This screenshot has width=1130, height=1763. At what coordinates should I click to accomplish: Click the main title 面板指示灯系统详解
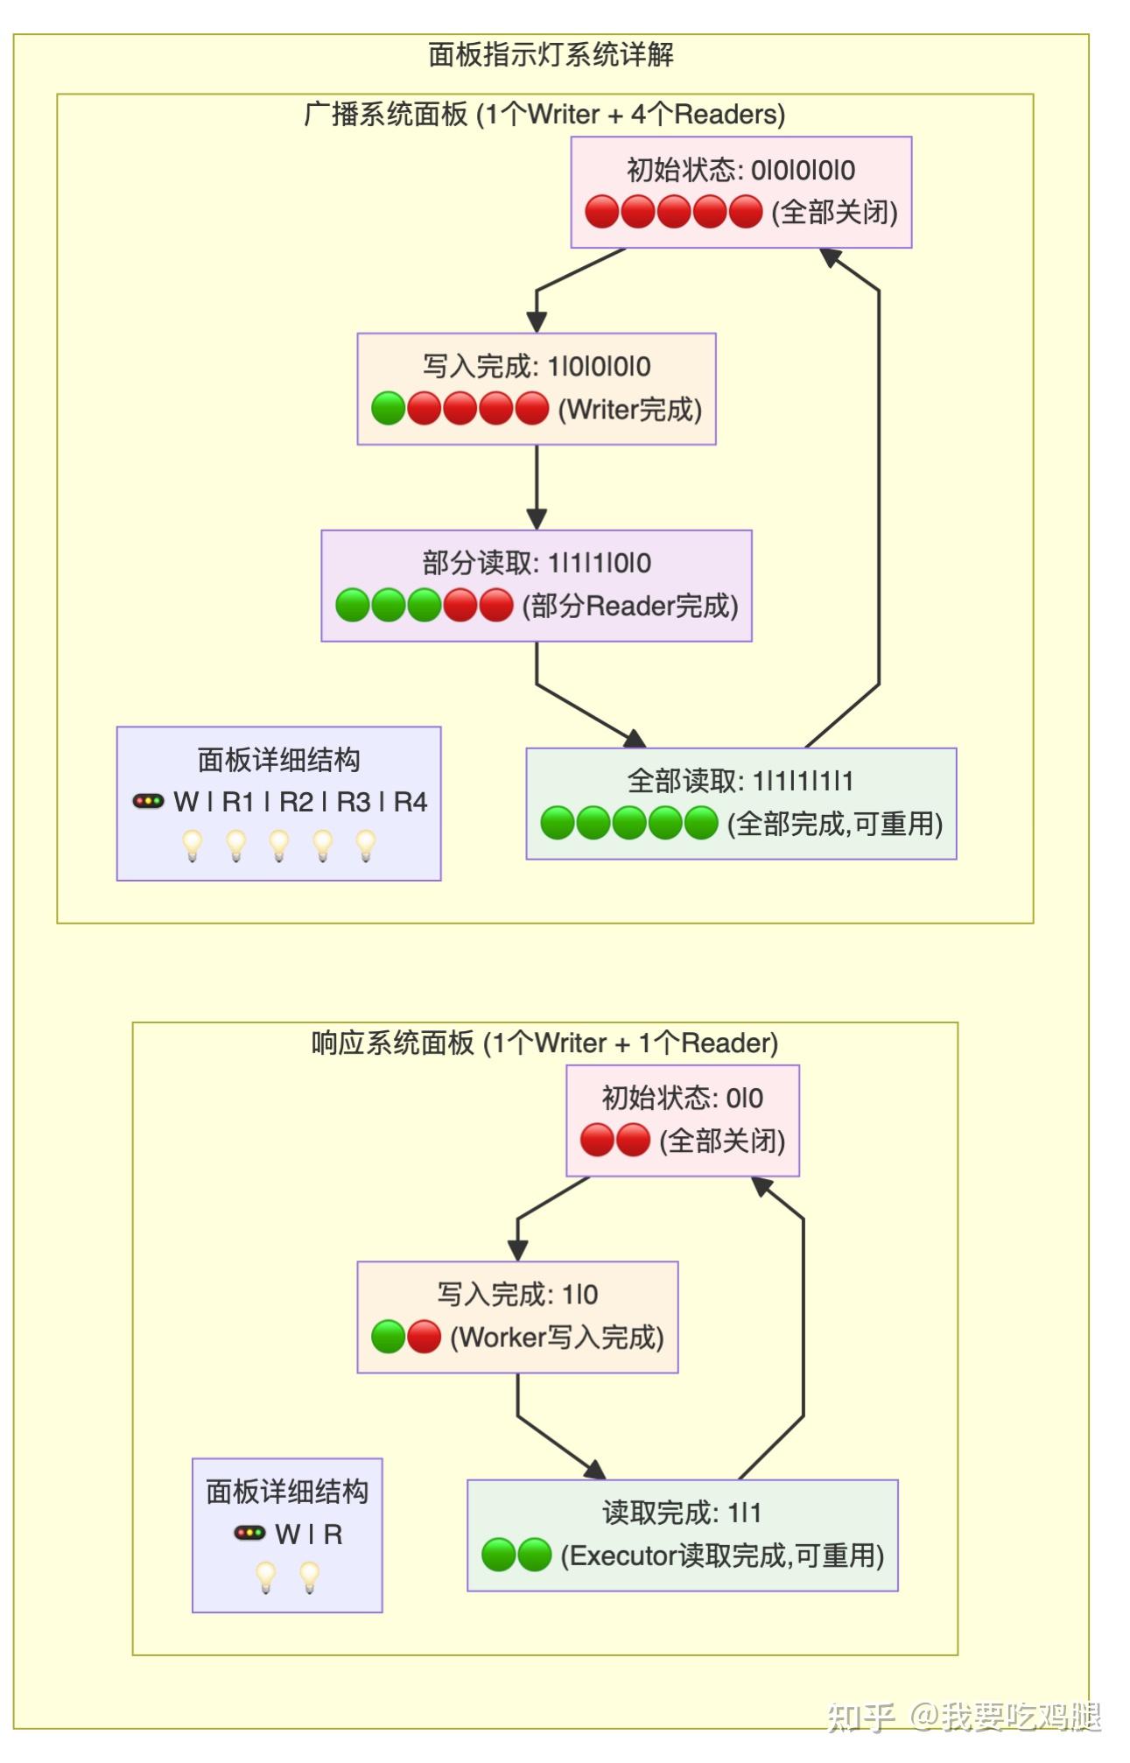(x=551, y=54)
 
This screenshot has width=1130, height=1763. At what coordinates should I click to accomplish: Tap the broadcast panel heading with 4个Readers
(x=544, y=114)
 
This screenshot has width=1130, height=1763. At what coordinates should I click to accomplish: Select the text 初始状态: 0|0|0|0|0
(x=740, y=170)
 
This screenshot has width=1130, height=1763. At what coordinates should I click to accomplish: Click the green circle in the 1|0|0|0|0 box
(x=388, y=409)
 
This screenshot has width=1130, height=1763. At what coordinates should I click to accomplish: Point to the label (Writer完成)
(x=630, y=409)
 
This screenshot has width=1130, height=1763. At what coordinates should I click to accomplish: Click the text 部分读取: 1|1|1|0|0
(x=536, y=563)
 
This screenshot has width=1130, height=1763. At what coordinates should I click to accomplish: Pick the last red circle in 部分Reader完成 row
(x=496, y=605)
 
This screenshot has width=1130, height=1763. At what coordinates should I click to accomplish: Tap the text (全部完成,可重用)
(x=835, y=823)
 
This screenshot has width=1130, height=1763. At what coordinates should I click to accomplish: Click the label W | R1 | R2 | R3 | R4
(x=299, y=802)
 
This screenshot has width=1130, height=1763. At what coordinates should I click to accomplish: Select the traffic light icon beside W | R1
(x=148, y=801)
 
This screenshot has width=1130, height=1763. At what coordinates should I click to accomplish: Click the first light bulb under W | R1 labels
(x=192, y=846)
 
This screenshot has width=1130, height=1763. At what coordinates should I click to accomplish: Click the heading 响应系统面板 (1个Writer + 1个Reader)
(x=544, y=1043)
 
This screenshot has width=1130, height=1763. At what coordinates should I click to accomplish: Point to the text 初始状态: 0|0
(x=682, y=1098)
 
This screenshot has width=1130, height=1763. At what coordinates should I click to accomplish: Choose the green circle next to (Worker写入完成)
(x=388, y=1337)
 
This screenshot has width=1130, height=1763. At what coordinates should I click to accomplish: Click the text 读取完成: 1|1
(x=682, y=1513)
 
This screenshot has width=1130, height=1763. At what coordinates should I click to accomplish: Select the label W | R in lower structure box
(x=308, y=1534)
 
